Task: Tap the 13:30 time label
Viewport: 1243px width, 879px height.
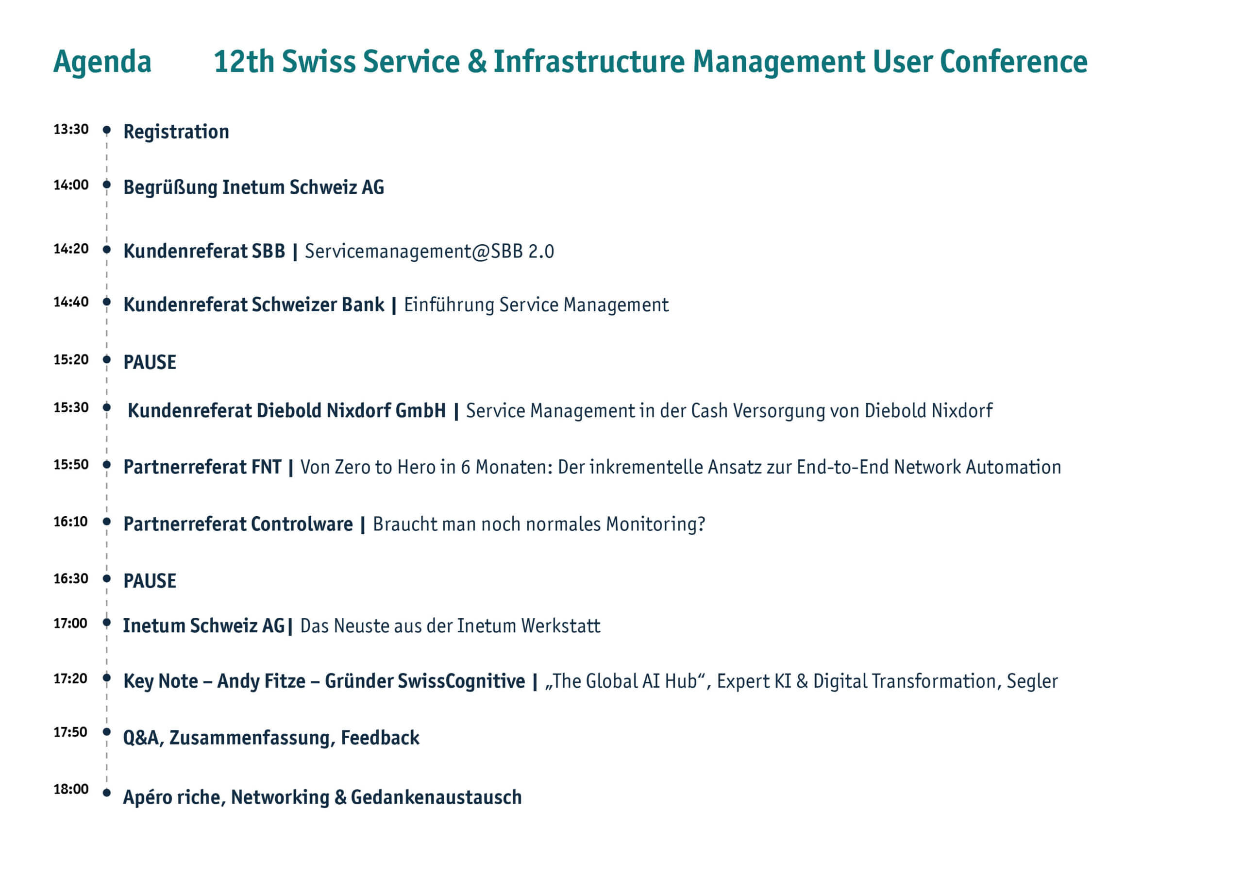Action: point(71,130)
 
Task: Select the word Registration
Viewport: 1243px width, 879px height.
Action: point(176,132)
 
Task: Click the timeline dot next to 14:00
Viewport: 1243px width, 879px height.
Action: point(107,185)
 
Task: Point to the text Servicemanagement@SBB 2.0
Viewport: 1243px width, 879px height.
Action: point(429,251)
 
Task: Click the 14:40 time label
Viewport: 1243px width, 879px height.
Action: point(71,302)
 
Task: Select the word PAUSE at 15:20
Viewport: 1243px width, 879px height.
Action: point(150,362)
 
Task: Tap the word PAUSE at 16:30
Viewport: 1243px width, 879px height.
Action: point(150,581)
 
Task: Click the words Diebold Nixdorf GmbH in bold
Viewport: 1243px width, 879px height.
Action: point(352,410)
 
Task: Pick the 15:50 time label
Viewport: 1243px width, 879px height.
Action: point(71,465)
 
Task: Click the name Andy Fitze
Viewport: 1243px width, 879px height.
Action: point(262,681)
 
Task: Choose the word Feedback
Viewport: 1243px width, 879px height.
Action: point(380,738)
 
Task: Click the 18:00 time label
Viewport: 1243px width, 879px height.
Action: point(71,789)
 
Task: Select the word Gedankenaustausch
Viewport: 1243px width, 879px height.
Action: point(437,797)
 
